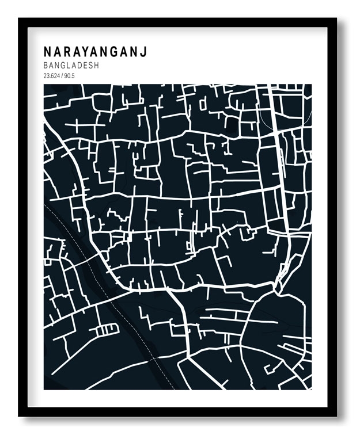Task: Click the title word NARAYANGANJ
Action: coord(95,52)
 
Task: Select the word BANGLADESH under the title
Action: coord(71,66)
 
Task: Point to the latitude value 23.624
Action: coord(52,75)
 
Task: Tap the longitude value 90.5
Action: coord(70,75)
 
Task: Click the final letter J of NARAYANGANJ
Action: coord(143,52)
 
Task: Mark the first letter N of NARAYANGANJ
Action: coord(47,52)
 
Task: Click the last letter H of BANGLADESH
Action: coord(96,66)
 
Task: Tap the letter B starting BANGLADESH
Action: coord(46,66)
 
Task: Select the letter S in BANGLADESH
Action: coord(91,66)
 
